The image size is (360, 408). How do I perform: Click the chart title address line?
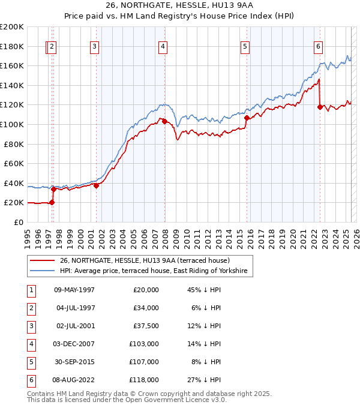[179, 7]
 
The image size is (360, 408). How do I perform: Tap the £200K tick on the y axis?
[12, 27]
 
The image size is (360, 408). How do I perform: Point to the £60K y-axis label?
[14, 163]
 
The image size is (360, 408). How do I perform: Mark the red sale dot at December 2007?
[164, 122]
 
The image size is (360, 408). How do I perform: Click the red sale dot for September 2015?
[247, 118]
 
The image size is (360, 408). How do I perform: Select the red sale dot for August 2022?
[320, 107]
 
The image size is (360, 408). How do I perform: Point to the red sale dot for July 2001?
[96, 186]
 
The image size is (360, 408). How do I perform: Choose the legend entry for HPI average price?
[156, 271]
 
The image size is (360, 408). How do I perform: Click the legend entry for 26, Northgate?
[149, 260]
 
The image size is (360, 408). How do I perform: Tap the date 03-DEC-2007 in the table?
[74, 344]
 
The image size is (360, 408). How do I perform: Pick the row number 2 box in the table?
[30, 308]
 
